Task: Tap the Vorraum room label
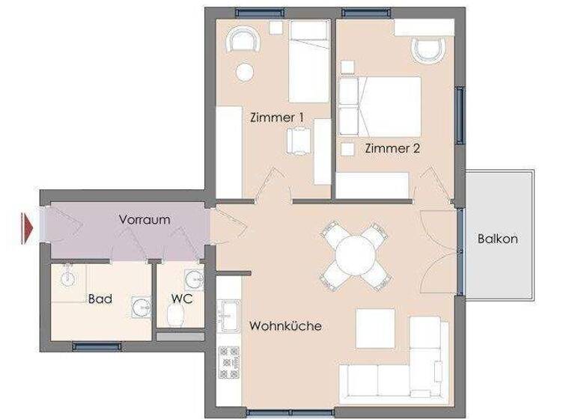144,220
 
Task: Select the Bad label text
100,299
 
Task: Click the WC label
181,299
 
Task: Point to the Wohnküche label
285,326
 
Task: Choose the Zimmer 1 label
276,117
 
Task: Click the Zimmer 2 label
392,148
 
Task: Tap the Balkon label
498,239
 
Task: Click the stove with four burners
228,362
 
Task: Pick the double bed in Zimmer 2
381,105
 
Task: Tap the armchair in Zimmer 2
428,50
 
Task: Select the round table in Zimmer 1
244,72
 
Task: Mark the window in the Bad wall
97,346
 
